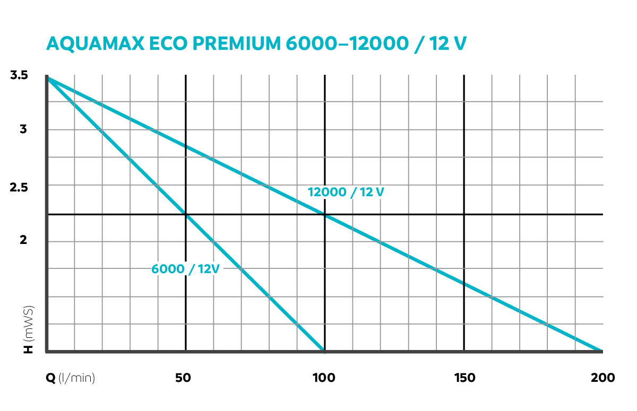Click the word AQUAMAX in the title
93,43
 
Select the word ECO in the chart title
163,43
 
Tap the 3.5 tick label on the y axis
19,75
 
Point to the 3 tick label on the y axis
23,129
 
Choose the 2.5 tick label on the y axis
19,187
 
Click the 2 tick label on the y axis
23,240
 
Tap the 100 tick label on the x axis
324,378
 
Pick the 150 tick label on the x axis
464,378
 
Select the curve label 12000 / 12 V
346,192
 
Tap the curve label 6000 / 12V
185,269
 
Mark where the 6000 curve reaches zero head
324,351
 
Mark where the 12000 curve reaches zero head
601,351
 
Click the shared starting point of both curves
48,78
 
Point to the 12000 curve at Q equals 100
324,214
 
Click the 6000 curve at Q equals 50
185,214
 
